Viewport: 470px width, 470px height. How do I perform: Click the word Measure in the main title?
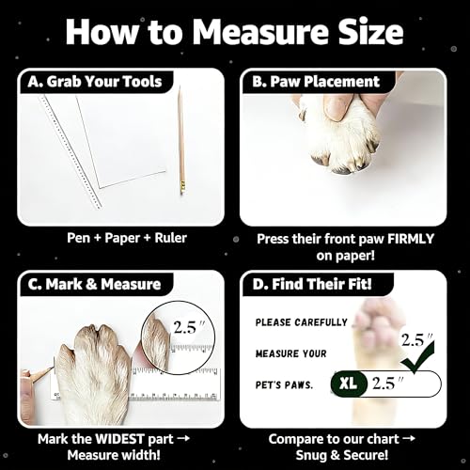[259, 32]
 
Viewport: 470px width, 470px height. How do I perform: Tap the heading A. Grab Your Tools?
[95, 82]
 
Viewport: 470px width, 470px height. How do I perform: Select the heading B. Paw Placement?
[316, 82]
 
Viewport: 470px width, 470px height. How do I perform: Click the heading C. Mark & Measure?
[94, 284]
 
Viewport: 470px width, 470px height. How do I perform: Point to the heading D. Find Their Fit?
[312, 284]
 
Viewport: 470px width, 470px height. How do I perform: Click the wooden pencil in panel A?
[181, 140]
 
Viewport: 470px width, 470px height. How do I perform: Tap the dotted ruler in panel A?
[70, 152]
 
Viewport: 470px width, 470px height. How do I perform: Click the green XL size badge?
[349, 383]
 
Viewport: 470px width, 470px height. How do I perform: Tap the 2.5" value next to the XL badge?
[388, 383]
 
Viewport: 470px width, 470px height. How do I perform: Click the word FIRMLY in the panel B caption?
[411, 239]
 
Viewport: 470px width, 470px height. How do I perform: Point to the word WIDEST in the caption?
[119, 439]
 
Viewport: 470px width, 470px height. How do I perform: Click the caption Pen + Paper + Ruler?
[127, 238]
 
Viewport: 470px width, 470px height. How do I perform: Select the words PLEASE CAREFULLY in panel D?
[302, 322]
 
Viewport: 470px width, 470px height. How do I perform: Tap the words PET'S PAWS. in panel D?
[284, 384]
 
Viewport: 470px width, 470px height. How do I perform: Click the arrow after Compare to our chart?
[408, 439]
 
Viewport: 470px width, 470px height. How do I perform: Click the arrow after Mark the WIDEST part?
[183, 438]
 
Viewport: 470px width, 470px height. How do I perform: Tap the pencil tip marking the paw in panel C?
[53, 368]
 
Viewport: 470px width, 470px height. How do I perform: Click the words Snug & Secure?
[342, 455]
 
